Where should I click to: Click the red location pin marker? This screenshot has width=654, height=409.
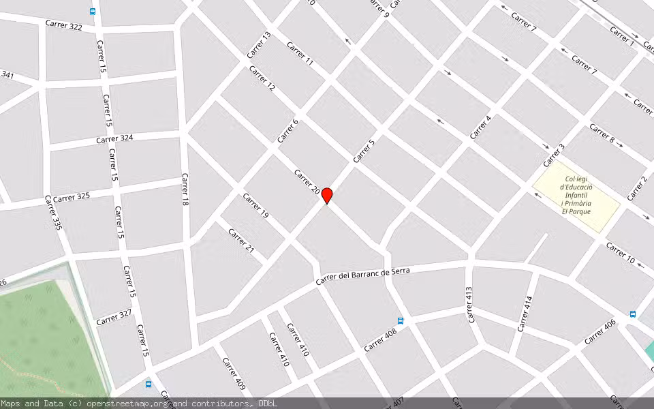327,196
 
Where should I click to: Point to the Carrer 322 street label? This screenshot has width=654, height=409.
64,26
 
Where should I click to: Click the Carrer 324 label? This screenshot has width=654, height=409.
114,138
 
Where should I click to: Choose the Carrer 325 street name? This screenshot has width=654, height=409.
72,197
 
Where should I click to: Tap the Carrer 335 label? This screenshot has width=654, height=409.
53,213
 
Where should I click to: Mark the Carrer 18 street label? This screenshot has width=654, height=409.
185,190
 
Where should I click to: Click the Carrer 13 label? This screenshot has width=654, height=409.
259,44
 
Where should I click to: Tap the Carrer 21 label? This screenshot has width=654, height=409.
241,241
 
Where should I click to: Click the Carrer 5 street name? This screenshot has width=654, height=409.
364,151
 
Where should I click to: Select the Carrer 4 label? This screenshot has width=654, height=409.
480,127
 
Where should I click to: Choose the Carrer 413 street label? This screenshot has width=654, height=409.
469,304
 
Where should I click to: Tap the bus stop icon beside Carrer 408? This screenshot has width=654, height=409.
401,320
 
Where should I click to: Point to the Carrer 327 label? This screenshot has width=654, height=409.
114,318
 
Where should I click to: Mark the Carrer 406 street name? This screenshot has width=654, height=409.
600,331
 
